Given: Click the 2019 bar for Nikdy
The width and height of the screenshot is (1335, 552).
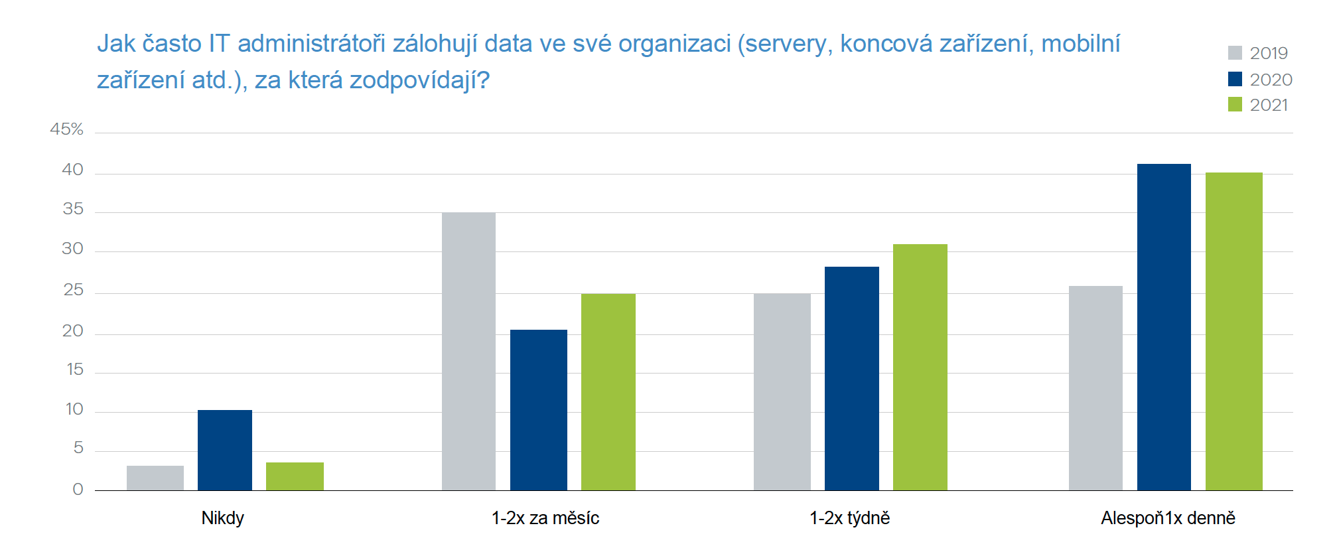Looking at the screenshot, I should [155, 478].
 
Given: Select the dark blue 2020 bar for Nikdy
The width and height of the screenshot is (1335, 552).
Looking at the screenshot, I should [225, 450].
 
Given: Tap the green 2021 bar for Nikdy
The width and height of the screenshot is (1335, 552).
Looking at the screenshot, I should [295, 476].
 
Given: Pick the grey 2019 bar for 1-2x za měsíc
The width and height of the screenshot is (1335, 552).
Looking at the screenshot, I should [468, 352].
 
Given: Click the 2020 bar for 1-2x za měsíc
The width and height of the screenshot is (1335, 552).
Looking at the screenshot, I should [539, 410].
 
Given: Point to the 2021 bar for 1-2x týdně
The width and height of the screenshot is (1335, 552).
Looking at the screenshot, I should [920, 367].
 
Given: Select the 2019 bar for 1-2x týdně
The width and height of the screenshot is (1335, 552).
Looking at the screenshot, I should [782, 391].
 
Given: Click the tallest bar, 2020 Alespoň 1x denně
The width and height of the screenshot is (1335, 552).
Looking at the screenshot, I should [1164, 327].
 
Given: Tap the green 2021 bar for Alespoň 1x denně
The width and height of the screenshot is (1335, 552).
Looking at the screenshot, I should [1234, 332].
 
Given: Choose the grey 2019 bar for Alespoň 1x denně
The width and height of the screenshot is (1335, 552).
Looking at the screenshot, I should [1095, 388].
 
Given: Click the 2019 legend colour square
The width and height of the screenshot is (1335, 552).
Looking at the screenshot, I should [1235, 53].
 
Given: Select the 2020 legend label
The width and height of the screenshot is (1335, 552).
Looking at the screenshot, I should [1271, 80].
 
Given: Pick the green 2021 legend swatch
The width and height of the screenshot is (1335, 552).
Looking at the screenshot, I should [1235, 105].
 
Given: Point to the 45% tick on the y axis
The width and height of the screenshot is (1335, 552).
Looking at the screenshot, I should [67, 129].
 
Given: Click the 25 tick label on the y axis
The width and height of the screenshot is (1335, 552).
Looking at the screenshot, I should [73, 290].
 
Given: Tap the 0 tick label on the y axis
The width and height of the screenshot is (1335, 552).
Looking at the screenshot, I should [78, 490].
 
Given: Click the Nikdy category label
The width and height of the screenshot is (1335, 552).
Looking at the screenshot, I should [223, 518].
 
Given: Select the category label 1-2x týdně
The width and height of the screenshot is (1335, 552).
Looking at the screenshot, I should [849, 518].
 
